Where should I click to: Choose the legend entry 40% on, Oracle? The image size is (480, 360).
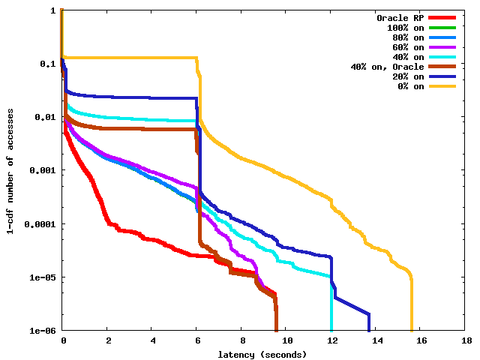387,67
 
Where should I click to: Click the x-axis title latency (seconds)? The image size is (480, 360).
262,354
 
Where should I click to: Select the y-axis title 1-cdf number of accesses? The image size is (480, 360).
10,170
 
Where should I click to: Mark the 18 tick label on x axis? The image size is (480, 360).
466,340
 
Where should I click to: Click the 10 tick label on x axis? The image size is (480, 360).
286,340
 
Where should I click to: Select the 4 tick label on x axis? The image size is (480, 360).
152,340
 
